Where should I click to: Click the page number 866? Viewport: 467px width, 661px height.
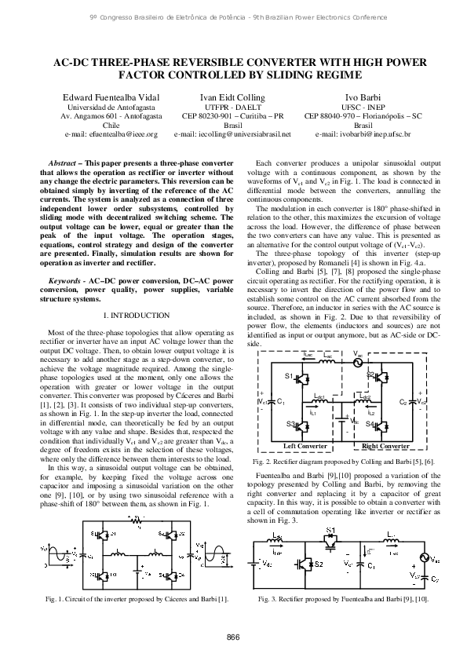tap(233, 636)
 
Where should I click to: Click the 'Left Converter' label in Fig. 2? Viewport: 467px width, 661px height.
tap(305, 445)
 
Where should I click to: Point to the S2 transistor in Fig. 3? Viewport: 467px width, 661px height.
tap(319, 564)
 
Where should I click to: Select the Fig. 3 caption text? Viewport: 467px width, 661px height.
tap(354, 599)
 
